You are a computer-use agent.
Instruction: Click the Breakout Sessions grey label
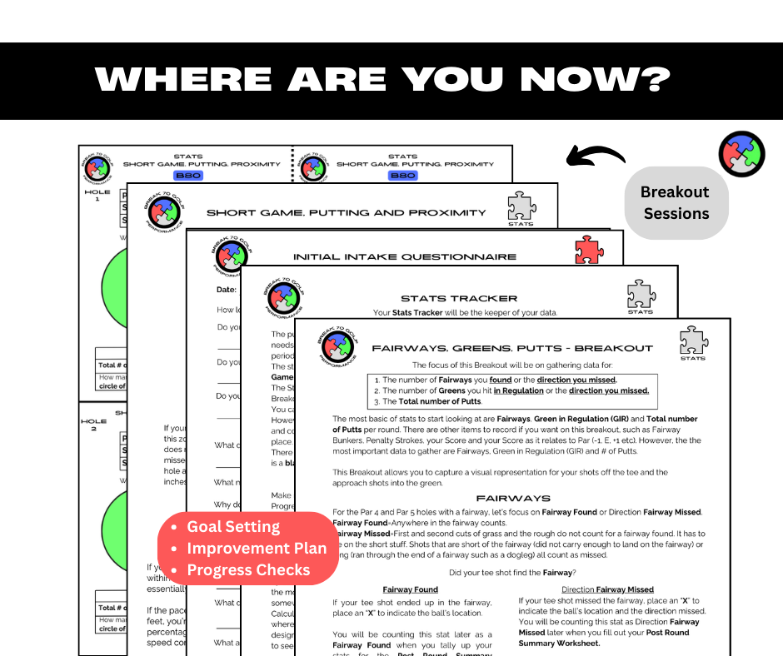(676, 203)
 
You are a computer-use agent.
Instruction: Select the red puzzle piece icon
(589, 250)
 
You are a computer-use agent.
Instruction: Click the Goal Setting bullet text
(233, 527)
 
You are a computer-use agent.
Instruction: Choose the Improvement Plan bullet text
(257, 549)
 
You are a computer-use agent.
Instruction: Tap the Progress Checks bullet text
(248, 570)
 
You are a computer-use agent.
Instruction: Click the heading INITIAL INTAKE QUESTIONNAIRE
(405, 256)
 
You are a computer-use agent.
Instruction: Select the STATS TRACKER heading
(459, 298)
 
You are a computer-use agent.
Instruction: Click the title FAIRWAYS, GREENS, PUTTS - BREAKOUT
(512, 348)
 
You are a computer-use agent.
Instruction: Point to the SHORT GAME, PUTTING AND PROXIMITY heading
(346, 213)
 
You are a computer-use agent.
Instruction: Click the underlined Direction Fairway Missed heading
(607, 589)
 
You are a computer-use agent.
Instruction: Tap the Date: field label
(227, 289)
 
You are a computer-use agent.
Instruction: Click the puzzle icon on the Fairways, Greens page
(693, 340)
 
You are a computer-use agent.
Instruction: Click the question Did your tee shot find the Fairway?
(511, 572)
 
